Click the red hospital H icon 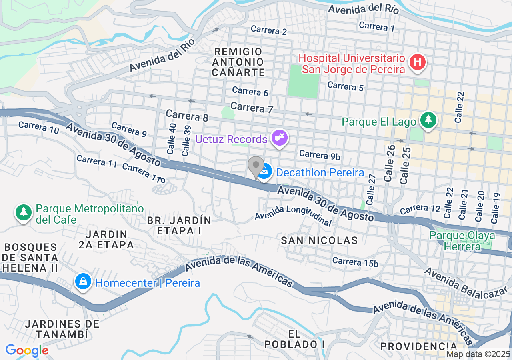pos(418,62)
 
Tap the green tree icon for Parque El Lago pos(428,120)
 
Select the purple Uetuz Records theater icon pos(280,138)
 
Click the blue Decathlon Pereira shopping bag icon pos(264,172)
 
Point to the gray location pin pos(256,166)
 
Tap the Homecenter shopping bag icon pos(83,282)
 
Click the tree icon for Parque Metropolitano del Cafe pos(24,212)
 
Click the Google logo pos(27,350)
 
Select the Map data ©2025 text pos(478,354)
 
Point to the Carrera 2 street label pos(269,31)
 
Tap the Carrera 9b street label pos(320,155)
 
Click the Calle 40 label pos(172,139)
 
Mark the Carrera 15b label pos(355,262)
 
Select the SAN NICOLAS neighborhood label pos(319,240)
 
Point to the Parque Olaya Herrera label pos(462,241)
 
